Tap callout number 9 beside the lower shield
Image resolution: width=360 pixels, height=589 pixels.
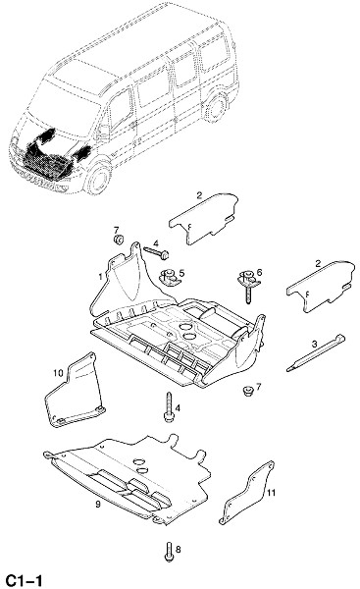(x=98, y=505)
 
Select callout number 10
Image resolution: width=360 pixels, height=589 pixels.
(x=58, y=373)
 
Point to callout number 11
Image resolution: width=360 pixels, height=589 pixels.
(x=272, y=493)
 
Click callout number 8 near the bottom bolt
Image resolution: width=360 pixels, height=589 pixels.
(x=178, y=550)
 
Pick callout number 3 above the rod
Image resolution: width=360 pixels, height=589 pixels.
(x=314, y=344)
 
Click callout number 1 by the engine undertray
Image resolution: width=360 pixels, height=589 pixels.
(x=100, y=277)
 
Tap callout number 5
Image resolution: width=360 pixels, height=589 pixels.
(x=181, y=273)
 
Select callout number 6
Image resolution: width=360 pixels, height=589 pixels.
(x=259, y=272)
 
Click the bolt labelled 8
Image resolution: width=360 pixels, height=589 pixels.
(x=169, y=552)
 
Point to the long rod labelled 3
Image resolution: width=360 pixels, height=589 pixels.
(x=315, y=352)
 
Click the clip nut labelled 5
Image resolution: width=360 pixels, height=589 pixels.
(x=169, y=277)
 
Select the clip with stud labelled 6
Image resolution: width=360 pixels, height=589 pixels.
(x=248, y=285)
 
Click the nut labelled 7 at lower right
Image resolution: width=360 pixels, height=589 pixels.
(x=247, y=392)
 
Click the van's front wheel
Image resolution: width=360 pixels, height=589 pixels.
(x=98, y=178)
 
